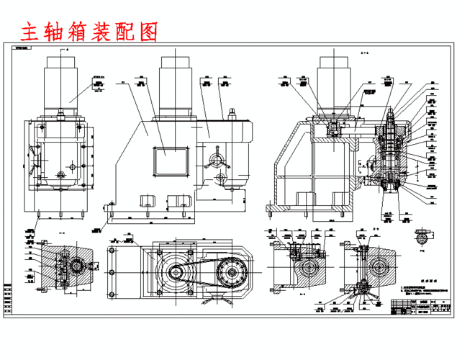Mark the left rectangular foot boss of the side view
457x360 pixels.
pos(150,199)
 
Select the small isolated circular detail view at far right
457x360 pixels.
pos(422,235)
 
